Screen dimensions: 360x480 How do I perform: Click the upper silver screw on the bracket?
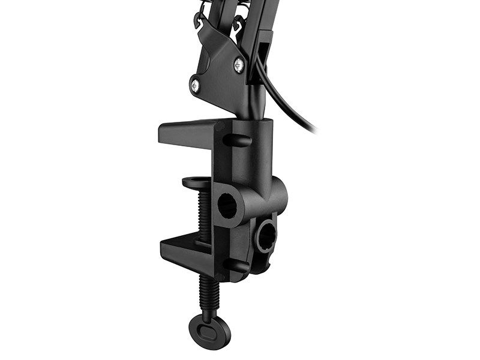pos(239,64)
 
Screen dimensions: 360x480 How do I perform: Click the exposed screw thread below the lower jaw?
pos(209,294)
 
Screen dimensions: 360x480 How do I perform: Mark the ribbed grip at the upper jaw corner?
pos(219,127)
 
